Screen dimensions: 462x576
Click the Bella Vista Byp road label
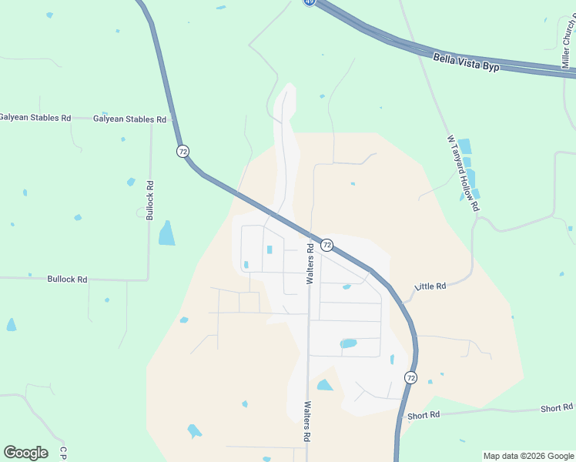pyautogui.click(x=467, y=62)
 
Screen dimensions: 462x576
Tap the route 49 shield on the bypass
pyautogui.click(x=309, y=2)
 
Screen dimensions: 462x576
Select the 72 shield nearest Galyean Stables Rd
pyautogui.click(x=183, y=151)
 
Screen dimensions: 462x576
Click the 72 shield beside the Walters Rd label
pyautogui.click(x=327, y=245)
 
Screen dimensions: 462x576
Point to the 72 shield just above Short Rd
pyautogui.click(x=410, y=377)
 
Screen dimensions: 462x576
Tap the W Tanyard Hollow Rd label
pyautogui.click(x=463, y=173)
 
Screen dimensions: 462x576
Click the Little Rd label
pyautogui.click(x=430, y=286)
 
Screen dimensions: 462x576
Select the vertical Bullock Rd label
pyautogui.click(x=150, y=200)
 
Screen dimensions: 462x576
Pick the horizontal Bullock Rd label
pyautogui.click(x=67, y=279)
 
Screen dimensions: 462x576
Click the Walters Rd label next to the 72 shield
pyautogui.click(x=310, y=264)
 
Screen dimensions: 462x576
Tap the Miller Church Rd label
pyautogui.click(x=569, y=42)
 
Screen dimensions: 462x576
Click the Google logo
pyautogui.click(x=25, y=453)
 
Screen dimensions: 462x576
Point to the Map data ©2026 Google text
pyautogui.click(x=528, y=456)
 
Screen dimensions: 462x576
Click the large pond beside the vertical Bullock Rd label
pyautogui.click(x=166, y=233)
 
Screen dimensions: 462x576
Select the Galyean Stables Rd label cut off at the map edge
pyautogui.click(x=35, y=118)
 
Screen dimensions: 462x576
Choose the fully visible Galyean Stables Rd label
pyautogui.click(x=129, y=119)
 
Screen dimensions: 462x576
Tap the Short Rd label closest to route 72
pyautogui.click(x=424, y=414)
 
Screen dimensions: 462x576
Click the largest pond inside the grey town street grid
pyautogui.click(x=348, y=343)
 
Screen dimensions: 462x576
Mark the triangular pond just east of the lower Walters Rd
pyautogui.click(x=325, y=385)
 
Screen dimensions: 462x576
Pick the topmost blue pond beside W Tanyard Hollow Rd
pyautogui.click(x=464, y=146)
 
